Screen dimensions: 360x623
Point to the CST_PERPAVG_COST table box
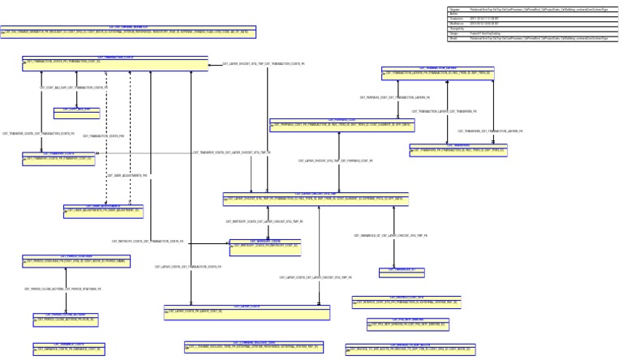342,125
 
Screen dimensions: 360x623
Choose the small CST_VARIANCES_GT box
402,270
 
